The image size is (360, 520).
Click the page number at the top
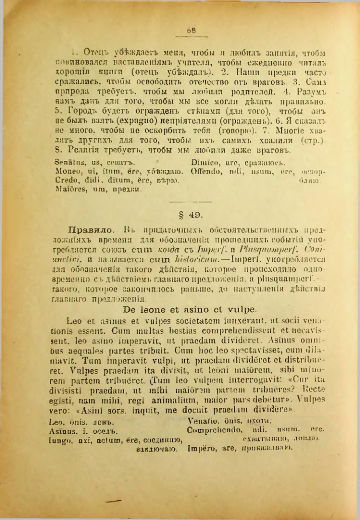pyautogui.click(x=191, y=30)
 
